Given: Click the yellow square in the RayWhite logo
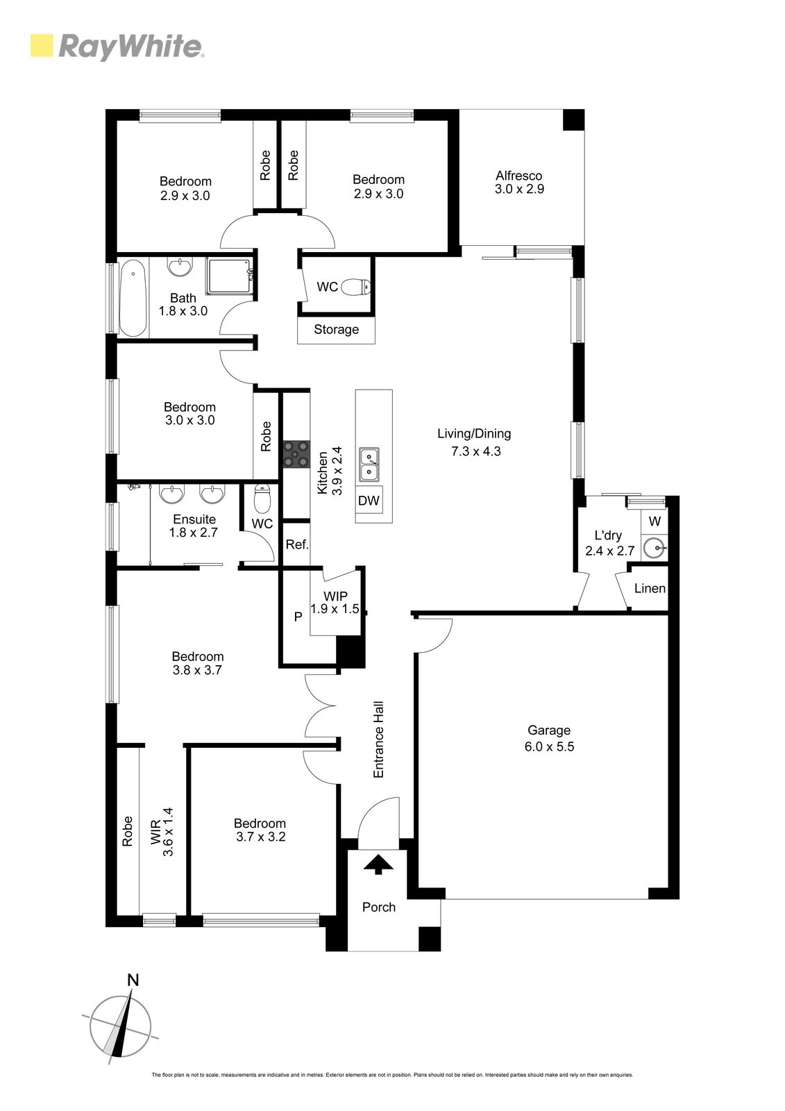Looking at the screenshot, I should [x=42, y=46].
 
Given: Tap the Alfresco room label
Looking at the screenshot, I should [x=519, y=183].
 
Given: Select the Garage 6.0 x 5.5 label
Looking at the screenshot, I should [x=549, y=739].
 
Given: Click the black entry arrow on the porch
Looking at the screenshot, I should [x=378, y=864].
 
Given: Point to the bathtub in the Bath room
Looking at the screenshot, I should [x=133, y=299].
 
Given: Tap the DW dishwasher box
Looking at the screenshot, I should [x=369, y=501].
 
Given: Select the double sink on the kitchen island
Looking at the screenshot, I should [x=369, y=465].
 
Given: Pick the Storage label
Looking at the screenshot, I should [x=336, y=330].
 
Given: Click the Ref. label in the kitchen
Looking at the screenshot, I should [x=296, y=544].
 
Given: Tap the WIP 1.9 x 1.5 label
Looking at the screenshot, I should [x=335, y=603].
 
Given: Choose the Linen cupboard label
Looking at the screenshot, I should [x=650, y=588].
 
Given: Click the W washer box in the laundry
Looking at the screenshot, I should [x=654, y=521].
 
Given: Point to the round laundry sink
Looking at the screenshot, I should [x=653, y=548].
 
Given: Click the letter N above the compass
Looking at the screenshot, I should [x=133, y=980].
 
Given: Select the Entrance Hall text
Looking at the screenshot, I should [x=379, y=739].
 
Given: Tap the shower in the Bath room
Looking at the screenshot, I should [x=228, y=276].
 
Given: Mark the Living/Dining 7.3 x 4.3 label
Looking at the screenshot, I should [x=475, y=442].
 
